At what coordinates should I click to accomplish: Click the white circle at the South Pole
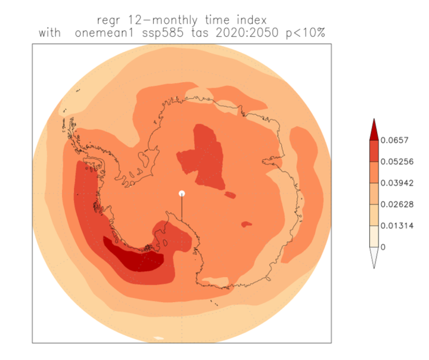pyautogui.click(x=182, y=194)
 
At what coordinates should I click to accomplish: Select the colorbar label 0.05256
pyautogui.click(x=396, y=162)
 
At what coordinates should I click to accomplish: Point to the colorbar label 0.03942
pyautogui.click(x=396, y=183)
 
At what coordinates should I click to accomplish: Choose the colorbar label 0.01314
pyautogui.click(x=396, y=225)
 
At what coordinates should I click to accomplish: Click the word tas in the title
pyautogui.click(x=198, y=33)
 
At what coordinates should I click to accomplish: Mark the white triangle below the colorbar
pyautogui.click(x=374, y=257)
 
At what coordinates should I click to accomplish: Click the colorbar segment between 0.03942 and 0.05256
pyautogui.click(x=374, y=172)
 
